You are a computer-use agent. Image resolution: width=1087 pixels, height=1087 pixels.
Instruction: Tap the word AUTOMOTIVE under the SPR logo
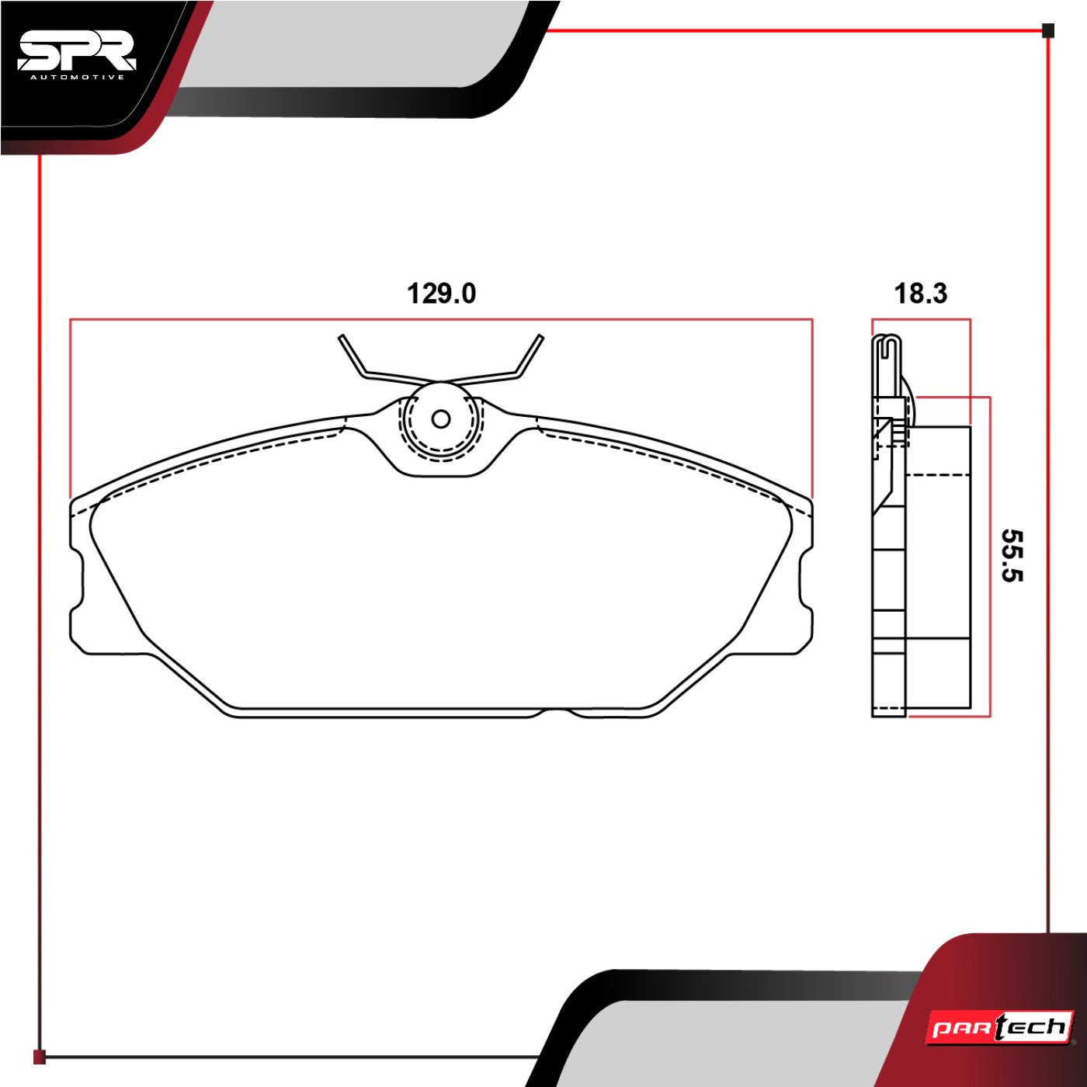coord(77,77)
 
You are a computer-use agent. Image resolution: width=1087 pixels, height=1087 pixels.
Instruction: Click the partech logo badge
coord(1001,1029)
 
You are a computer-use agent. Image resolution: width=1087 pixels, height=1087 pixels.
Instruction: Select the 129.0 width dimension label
coord(441,293)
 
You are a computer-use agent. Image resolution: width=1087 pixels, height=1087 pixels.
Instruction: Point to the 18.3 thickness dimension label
coord(921,293)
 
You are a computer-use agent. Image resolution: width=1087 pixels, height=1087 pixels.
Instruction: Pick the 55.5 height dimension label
coord(1012,555)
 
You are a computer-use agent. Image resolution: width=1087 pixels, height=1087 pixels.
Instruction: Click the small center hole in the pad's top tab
coord(441,419)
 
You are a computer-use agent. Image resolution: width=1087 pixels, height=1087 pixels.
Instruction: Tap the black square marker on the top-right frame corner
coord(1047,31)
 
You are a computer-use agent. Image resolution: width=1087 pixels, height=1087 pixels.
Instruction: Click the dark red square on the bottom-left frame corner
coord(40,1057)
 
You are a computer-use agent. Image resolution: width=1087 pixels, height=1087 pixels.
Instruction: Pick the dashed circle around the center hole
coord(441,450)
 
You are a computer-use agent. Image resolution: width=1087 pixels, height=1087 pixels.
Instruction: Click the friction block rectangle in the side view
coord(939,567)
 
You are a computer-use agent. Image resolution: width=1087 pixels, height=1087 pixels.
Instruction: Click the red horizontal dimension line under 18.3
coord(921,318)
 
